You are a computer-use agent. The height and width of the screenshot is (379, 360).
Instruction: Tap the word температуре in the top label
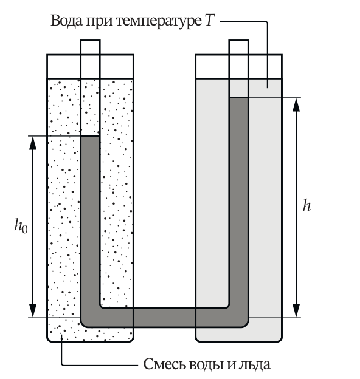159,22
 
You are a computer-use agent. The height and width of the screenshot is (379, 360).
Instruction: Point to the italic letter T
210,20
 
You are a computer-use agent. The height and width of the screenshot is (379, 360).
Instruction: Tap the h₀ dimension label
21,225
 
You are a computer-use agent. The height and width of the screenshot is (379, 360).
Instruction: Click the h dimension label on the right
306,206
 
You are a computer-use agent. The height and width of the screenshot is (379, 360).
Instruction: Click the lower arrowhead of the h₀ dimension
33,310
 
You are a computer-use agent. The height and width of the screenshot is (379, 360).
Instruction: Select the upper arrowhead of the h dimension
296,105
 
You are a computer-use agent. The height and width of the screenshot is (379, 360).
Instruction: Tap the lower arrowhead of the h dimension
296,310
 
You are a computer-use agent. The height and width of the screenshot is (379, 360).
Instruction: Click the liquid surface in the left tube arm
90,136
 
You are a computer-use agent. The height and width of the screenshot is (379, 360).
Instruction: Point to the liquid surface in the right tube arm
239,98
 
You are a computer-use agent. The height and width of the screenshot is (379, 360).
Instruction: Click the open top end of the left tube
90,40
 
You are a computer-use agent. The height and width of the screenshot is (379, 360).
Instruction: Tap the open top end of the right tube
239,40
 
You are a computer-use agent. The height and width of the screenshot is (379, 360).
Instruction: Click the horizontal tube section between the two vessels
165,318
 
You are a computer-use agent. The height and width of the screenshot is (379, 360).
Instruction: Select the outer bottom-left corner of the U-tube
82,326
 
